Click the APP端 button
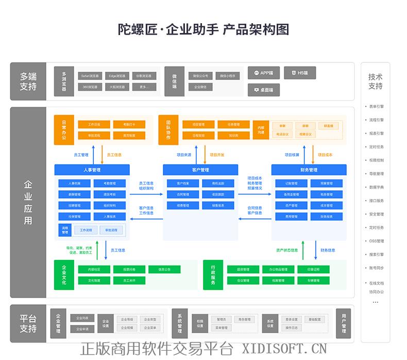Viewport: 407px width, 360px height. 263,73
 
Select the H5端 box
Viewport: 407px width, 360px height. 299,73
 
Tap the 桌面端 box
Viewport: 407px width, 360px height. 263,90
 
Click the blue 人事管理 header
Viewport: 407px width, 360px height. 92,170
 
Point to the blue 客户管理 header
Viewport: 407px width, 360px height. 200,170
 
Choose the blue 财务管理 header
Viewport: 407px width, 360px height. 309,170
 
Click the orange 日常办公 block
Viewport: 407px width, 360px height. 64,130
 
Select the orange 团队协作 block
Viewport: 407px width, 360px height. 168,130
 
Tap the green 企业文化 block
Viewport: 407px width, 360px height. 64,275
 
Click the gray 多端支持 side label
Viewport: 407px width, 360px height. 28,81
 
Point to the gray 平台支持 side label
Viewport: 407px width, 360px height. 28,324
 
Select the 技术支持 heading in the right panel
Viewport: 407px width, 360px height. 375,81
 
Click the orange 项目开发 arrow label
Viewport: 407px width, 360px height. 217,155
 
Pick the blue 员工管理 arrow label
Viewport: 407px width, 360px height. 81,155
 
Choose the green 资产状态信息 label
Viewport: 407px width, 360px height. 286,250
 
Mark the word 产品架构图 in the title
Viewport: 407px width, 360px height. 256,29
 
